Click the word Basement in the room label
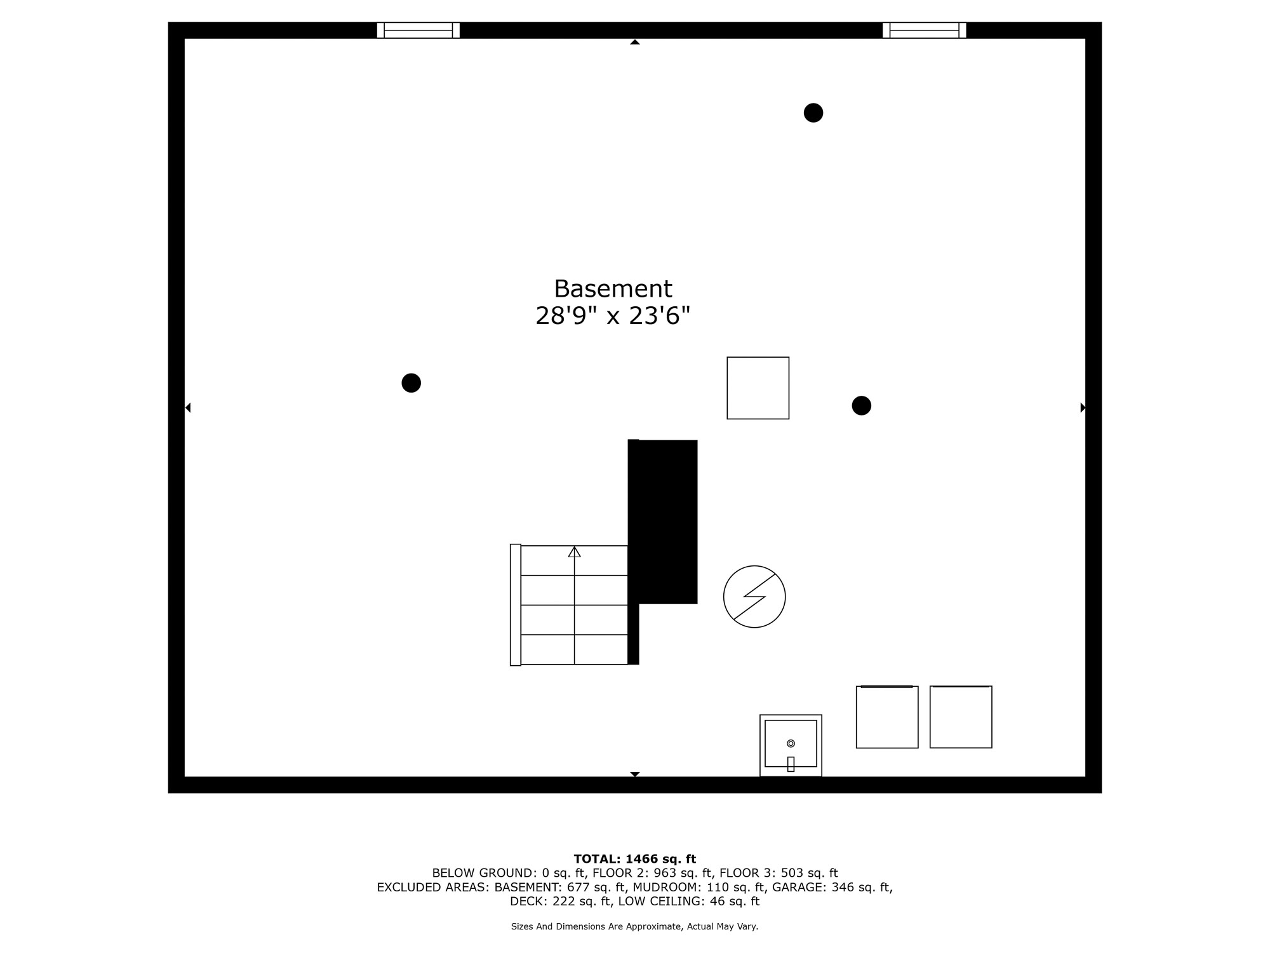(613, 289)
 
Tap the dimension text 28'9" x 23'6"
(613, 316)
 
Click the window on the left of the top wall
(418, 30)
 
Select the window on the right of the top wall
(925, 30)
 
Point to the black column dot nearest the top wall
(813, 112)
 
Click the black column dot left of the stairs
(411, 383)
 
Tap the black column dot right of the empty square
(862, 405)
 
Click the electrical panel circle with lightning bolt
(754, 597)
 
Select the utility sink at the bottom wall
(791, 745)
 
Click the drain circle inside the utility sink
(791, 743)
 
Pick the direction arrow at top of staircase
(575, 551)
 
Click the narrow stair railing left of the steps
(516, 605)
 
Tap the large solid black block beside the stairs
(664, 522)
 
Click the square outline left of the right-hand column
(758, 388)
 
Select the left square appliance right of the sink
(887, 717)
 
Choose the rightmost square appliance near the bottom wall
(961, 717)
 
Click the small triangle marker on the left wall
(188, 407)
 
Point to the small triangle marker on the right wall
(1083, 407)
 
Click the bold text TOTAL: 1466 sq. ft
(635, 859)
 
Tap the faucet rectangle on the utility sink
(791, 764)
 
